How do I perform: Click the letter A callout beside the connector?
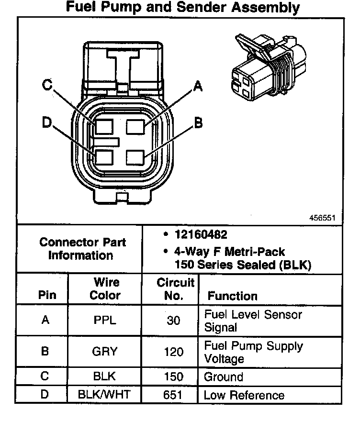197,87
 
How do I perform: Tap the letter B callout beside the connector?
198,123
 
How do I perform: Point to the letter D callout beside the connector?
47,123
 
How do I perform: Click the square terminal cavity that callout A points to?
135,127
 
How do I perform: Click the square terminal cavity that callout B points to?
135,157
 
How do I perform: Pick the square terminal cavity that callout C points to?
103,127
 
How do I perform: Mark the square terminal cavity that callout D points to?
103,157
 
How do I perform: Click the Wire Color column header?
105,288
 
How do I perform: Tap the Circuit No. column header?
175,289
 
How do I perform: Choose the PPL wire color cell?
105,320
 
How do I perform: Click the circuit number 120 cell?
174,352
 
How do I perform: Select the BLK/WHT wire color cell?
105,395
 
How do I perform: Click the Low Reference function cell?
244,395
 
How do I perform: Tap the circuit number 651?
174,395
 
